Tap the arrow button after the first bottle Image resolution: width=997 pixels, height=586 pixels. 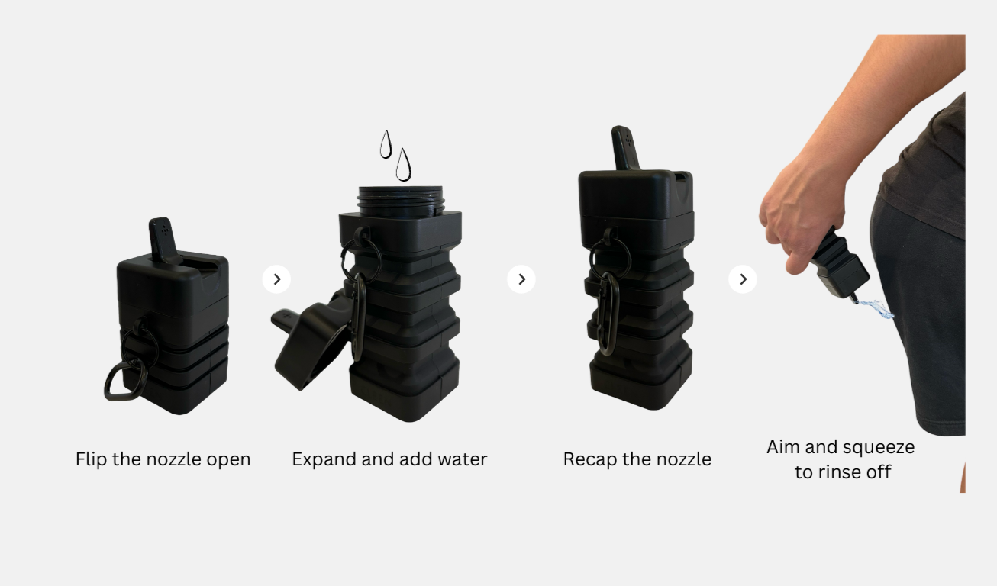[x=276, y=279]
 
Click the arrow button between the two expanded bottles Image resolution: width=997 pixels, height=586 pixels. [x=521, y=279]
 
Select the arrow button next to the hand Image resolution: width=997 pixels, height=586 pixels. [x=743, y=279]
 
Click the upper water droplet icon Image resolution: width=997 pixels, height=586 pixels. [x=386, y=145]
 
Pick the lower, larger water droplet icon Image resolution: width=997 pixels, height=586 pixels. [x=403, y=166]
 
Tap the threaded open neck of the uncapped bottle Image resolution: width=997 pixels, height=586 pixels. [x=401, y=201]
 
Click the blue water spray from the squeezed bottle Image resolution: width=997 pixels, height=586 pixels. [x=875, y=309]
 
